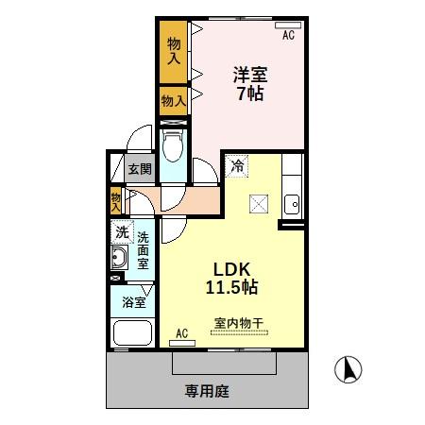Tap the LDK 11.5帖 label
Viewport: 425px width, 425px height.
(x=232, y=275)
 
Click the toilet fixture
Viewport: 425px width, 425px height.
(x=174, y=146)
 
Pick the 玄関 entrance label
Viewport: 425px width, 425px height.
(x=139, y=171)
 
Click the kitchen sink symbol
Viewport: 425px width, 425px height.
(x=293, y=202)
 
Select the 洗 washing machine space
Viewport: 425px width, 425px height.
(x=122, y=231)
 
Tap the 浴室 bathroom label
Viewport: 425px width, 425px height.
(x=131, y=302)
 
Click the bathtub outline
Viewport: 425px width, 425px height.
(x=131, y=333)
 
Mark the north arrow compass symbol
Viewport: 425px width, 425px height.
(x=347, y=369)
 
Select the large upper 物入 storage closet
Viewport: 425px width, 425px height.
(x=174, y=51)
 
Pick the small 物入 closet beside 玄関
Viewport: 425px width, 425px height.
(x=116, y=198)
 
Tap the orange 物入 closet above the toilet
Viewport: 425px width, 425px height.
(x=173, y=100)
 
